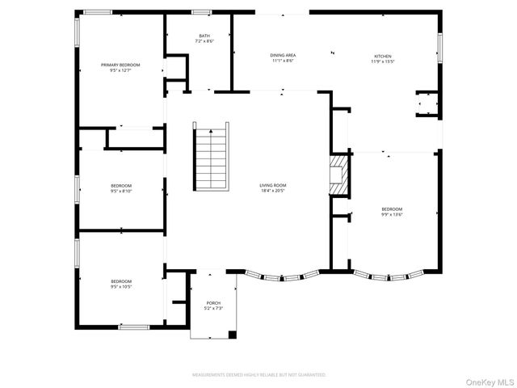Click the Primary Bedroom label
(x=120, y=65)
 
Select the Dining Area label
(x=282, y=55)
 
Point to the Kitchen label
(x=382, y=56)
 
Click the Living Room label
(x=273, y=185)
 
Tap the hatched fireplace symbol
(x=339, y=176)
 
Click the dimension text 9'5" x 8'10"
(x=121, y=191)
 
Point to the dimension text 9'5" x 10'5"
(x=121, y=286)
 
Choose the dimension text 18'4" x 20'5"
(x=273, y=191)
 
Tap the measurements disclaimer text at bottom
(x=258, y=375)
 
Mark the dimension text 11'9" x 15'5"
(x=382, y=61)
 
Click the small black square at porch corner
(x=232, y=333)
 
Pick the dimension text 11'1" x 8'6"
(x=282, y=61)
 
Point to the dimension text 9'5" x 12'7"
(x=120, y=70)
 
